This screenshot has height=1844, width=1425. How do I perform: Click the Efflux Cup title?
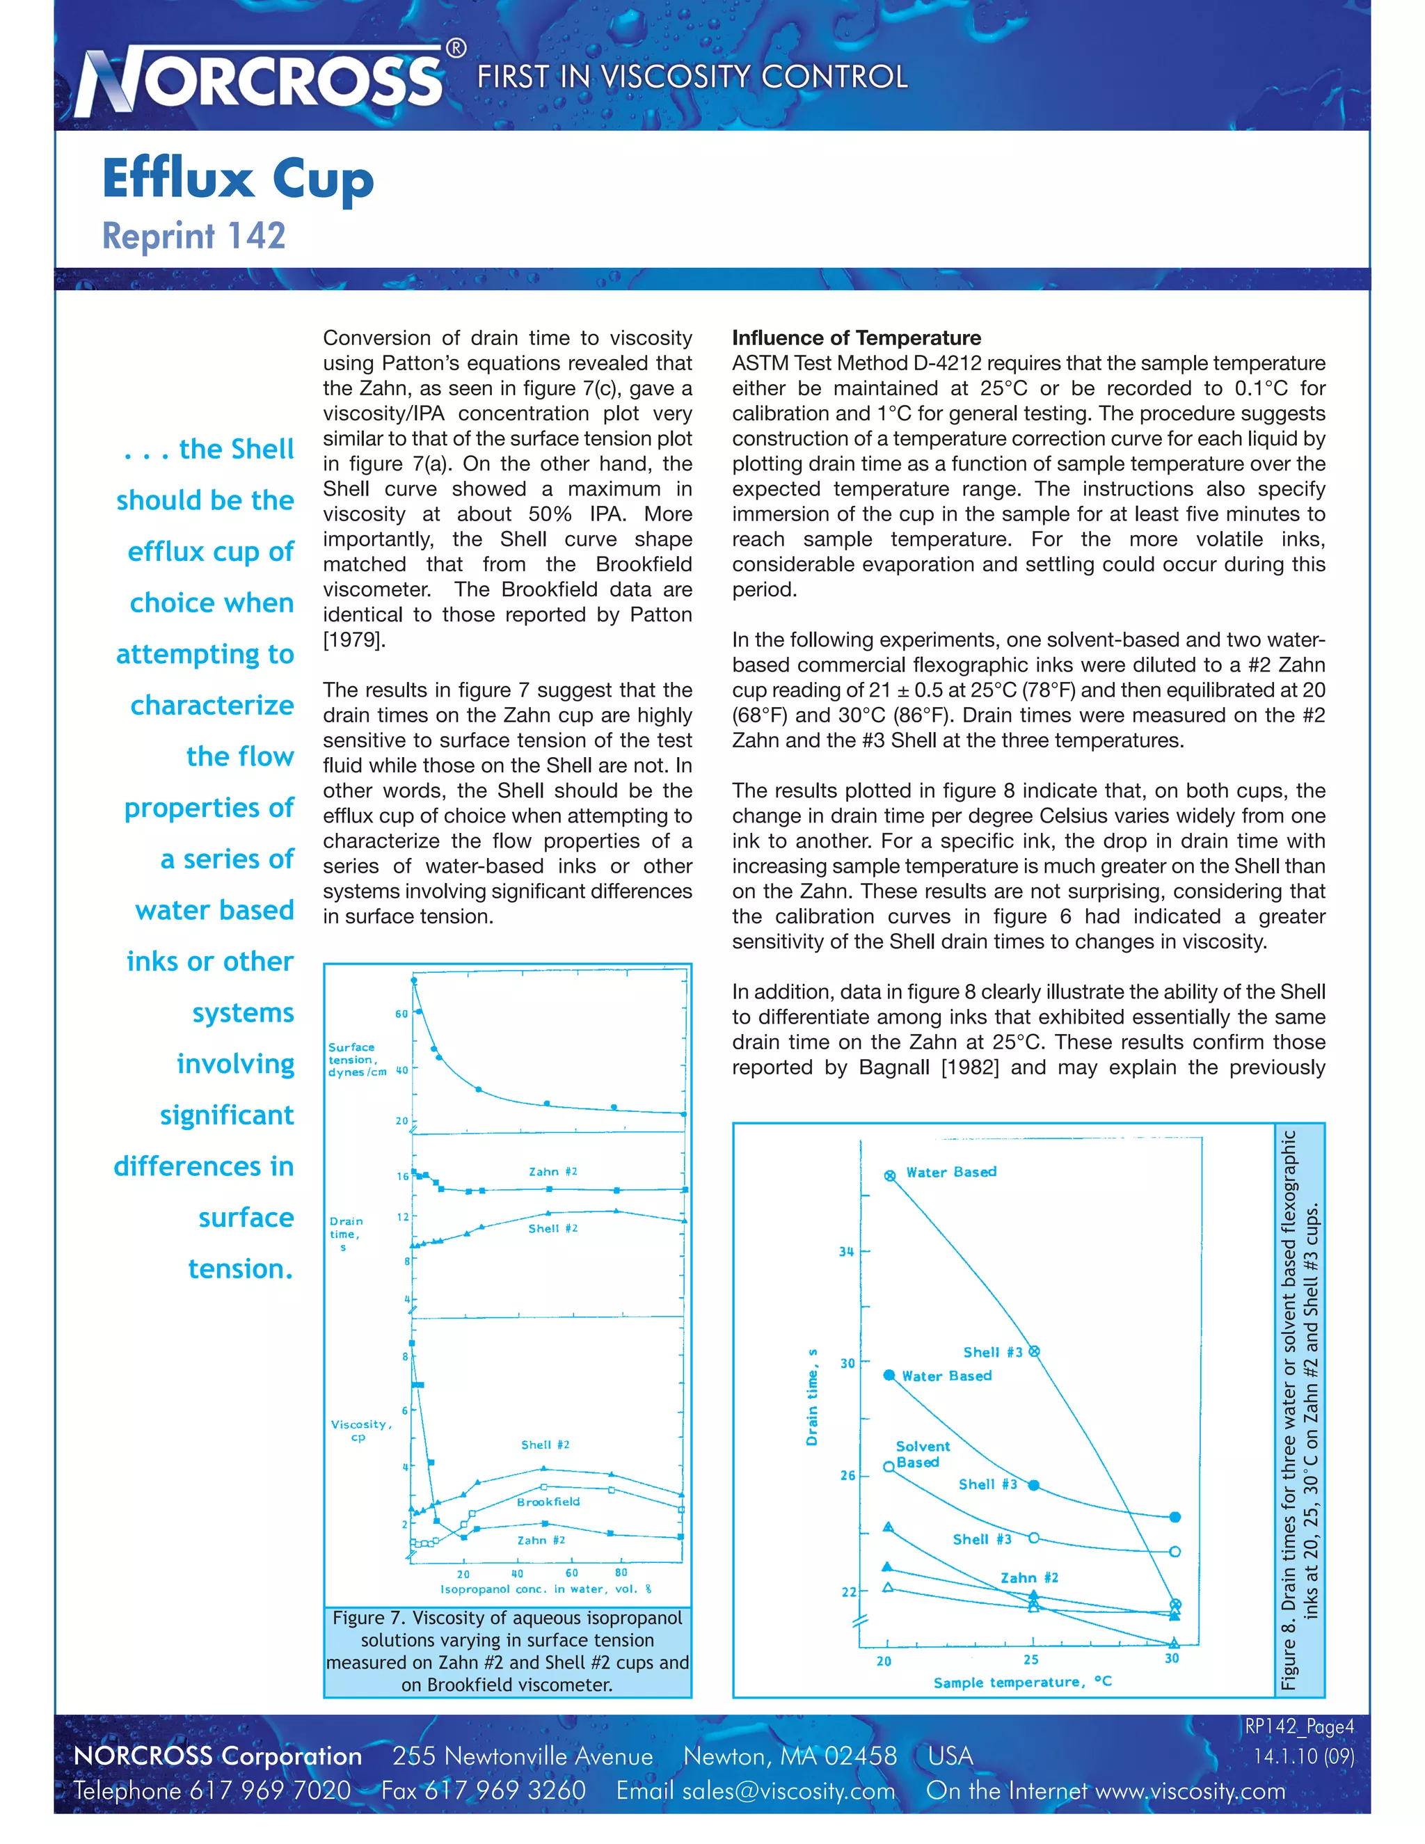[x=237, y=179]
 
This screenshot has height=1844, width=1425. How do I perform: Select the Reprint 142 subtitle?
[x=193, y=236]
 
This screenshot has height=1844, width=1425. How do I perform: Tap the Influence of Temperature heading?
[x=856, y=337]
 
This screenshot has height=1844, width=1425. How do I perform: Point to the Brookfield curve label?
[x=548, y=1501]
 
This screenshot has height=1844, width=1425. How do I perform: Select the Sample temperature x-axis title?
[x=1021, y=1682]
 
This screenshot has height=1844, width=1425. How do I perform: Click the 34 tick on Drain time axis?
[x=846, y=1251]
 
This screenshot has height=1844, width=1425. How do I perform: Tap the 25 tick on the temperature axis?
[x=1030, y=1659]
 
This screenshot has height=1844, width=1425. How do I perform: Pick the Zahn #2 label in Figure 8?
[x=1029, y=1577]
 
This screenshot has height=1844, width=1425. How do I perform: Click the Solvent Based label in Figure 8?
[x=922, y=1454]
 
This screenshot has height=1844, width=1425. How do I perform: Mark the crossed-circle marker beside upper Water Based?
[x=890, y=1175]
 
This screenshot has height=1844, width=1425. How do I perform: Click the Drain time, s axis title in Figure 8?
[x=812, y=1397]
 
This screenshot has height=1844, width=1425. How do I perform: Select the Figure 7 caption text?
[x=507, y=1651]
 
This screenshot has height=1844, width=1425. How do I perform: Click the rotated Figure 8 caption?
[x=1299, y=1409]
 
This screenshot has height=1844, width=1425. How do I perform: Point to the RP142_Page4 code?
[x=1298, y=1726]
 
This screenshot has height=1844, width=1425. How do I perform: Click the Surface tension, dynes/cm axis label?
[x=356, y=1059]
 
